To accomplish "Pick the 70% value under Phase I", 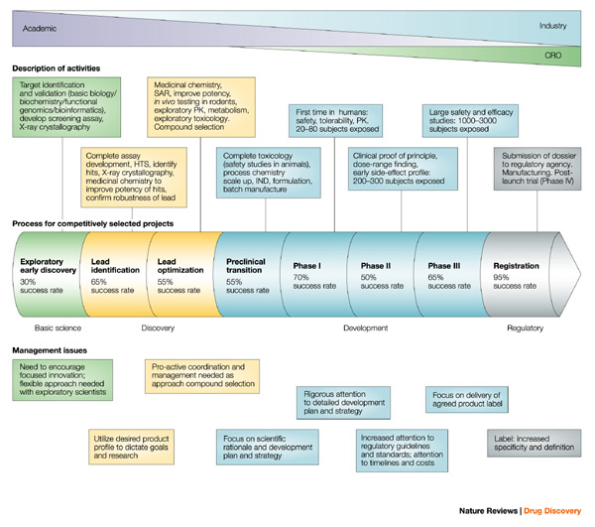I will (x=301, y=277).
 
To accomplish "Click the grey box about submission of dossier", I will (x=536, y=170).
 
